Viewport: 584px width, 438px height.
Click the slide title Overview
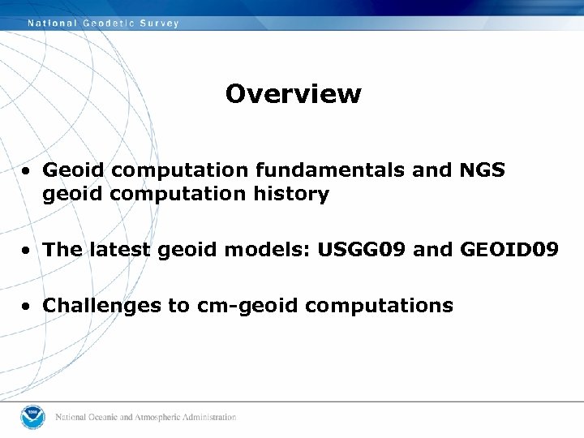click(293, 94)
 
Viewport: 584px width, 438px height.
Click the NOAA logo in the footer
click(33, 417)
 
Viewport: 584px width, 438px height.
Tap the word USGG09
click(363, 249)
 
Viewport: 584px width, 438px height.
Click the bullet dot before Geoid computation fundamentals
click(28, 171)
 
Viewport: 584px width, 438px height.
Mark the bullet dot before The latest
click(28, 250)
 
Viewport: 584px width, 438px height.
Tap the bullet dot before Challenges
click(28, 307)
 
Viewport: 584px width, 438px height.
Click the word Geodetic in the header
click(109, 24)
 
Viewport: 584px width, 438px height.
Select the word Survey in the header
click(160, 24)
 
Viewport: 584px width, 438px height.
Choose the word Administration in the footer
click(210, 418)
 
